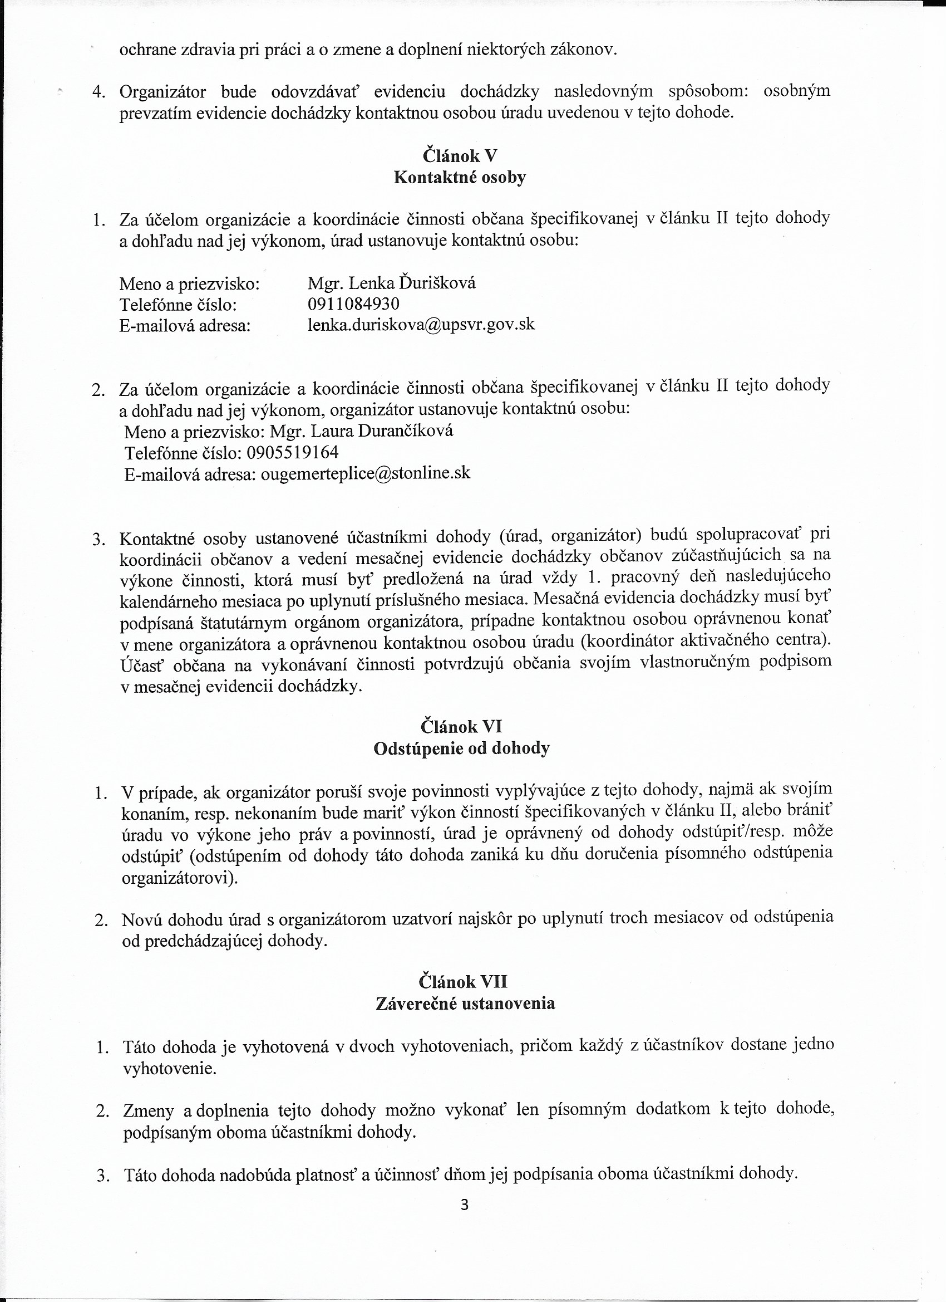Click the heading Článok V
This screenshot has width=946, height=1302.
[x=460, y=156]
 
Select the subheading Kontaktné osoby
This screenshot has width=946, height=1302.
[x=460, y=178]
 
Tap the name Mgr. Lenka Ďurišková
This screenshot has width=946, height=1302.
[x=391, y=283]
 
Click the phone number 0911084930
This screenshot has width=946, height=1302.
[x=353, y=304]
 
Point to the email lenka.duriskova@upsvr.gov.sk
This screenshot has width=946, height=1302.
[x=421, y=325]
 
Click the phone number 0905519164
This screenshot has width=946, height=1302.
[x=293, y=452]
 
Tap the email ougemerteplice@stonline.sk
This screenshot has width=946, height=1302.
[x=366, y=473]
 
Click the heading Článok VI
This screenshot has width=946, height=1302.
[x=461, y=727]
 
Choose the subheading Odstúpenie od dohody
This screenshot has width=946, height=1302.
[x=461, y=748]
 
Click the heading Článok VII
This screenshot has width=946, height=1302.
[x=463, y=981]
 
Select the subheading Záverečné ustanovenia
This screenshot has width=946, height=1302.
[x=465, y=1003]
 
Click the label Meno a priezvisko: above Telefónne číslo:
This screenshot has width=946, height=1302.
[x=189, y=283]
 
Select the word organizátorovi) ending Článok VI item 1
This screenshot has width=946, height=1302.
[x=180, y=878]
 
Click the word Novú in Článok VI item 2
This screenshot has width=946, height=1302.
[x=142, y=919]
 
